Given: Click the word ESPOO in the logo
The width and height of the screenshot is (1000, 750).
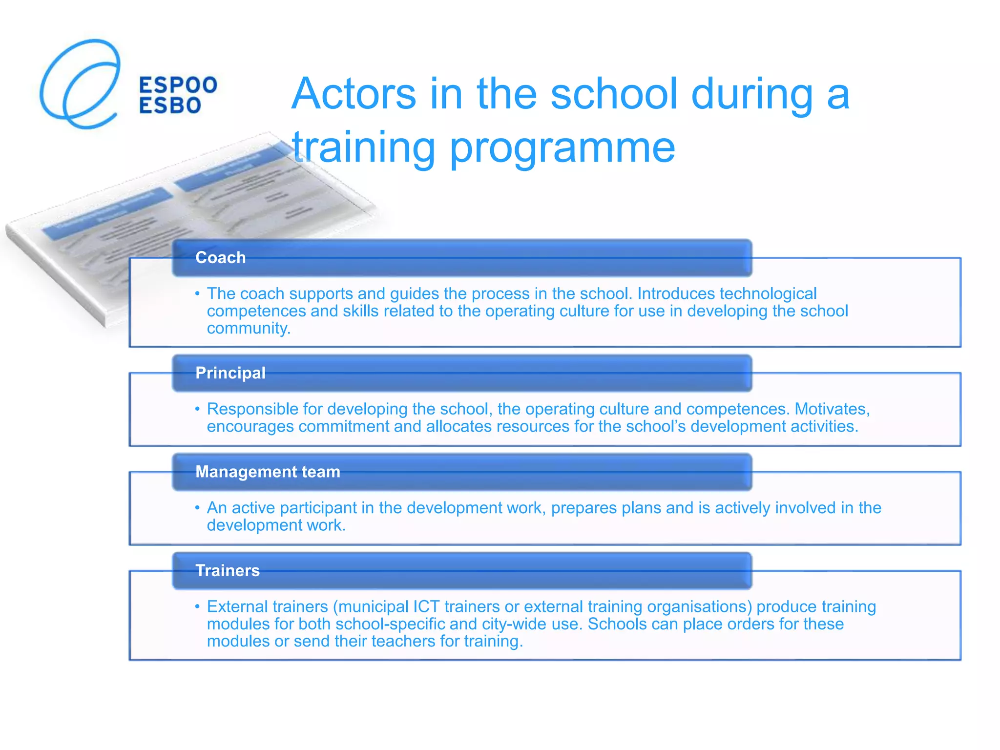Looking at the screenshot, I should (x=178, y=85).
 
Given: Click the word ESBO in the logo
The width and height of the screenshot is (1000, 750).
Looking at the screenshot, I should (x=170, y=105).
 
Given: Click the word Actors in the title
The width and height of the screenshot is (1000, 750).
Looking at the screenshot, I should (x=354, y=94).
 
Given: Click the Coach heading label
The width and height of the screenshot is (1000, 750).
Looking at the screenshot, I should (x=220, y=257).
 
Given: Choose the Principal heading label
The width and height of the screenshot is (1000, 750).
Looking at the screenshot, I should (x=230, y=373).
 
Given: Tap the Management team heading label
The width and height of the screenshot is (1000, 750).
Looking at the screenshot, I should (x=268, y=472).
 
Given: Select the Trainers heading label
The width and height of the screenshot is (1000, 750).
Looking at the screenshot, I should (x=228, y=570).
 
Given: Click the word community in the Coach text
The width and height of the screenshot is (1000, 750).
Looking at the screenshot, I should (x=248, y=328).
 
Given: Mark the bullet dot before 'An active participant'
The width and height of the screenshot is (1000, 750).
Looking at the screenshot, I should (x=197, y=508).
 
